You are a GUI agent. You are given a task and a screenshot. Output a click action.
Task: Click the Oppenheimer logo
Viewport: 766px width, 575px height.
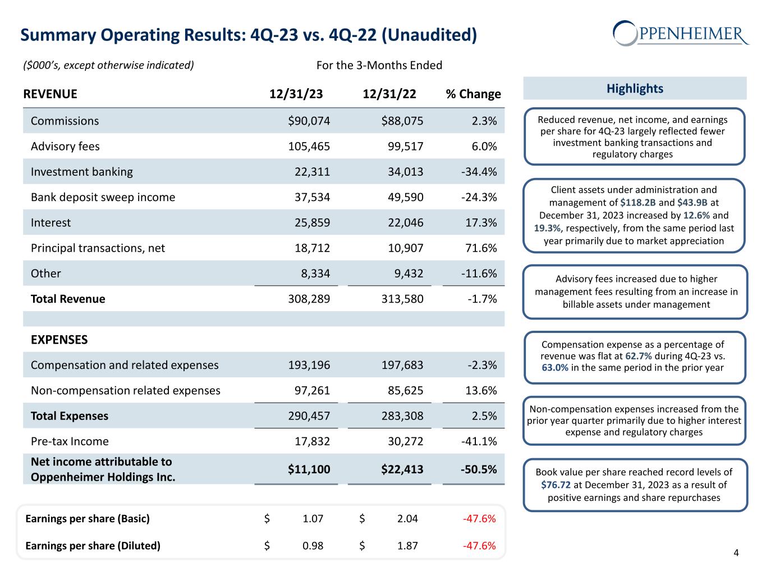pos(681,33)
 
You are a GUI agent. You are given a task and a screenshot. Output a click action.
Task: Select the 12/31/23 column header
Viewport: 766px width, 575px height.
pos(296,94)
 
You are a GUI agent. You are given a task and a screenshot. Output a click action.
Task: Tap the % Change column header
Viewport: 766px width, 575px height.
pos(473,94)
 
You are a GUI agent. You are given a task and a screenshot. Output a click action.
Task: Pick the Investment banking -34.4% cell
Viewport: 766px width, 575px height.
pos(479,172)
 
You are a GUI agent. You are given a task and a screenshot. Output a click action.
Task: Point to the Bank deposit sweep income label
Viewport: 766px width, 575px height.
pos(103,197)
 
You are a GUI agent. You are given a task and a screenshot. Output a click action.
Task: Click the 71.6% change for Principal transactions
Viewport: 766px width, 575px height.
pos(482,248)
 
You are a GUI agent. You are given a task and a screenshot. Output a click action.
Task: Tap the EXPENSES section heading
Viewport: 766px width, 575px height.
pos(59,340)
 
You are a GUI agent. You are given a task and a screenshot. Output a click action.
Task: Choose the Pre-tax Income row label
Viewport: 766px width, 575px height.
pos(70,441)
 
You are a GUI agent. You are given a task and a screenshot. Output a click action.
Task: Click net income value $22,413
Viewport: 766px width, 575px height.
pos(402,469)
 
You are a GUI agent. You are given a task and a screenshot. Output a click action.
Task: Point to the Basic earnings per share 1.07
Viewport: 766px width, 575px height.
pos(313,518)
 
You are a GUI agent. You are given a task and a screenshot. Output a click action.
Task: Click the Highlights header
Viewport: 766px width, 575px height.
pos(635,89)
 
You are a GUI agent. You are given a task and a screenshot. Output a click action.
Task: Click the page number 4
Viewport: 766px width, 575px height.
pos(736,553)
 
